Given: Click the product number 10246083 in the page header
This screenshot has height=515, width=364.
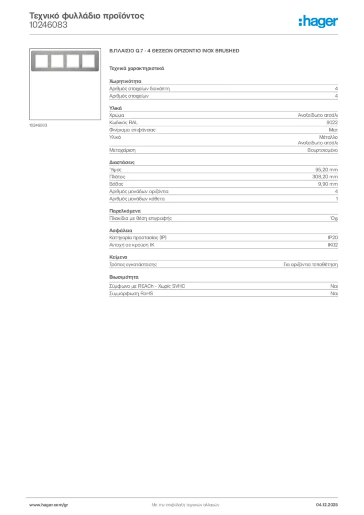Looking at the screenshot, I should (x=48, y=25).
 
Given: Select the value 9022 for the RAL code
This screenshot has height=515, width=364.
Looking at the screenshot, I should (x=332, y=122).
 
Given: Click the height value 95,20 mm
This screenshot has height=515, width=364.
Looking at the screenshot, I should (x=326, y=169).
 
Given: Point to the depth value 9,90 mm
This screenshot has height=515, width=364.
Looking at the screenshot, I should (x=328, y=184).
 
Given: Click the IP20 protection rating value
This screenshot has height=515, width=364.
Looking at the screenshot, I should (x=333, y=237).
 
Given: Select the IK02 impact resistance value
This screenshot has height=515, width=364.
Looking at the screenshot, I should (x=332, y=244).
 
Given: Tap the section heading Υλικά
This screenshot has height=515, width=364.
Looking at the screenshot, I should (x=116, y=108).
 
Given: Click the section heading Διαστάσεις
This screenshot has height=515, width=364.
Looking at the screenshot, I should (x=122, y=162).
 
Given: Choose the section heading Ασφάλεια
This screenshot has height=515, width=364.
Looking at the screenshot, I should (x=121, y=230).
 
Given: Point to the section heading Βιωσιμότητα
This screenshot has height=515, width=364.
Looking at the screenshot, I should (x=124, y=277).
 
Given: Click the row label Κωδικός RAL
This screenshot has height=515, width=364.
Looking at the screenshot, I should (x=123, y=122).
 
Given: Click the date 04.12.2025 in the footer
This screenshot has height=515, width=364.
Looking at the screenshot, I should (x=327, y=504).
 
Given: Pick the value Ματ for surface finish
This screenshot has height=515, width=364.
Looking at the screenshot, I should (x=333, y=130).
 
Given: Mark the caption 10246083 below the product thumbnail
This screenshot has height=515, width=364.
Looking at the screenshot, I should (x=38, y=125).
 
